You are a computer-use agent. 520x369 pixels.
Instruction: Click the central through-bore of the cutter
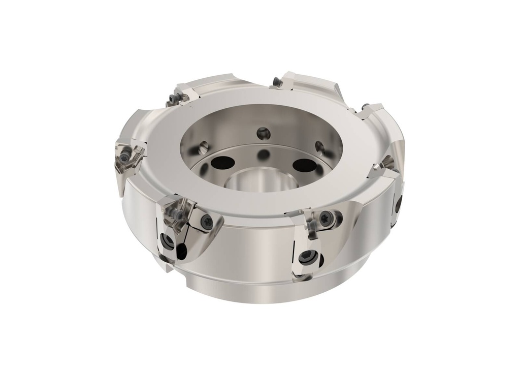259,179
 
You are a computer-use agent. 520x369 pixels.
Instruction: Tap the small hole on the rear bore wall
263,134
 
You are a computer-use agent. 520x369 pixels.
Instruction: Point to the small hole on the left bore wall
203,147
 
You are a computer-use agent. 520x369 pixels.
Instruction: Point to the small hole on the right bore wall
319,147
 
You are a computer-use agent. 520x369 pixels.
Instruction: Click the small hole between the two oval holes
263,155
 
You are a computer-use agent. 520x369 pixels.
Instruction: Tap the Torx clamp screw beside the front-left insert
207,221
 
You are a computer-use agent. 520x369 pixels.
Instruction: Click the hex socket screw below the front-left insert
167,240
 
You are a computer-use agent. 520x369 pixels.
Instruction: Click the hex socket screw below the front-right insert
306,258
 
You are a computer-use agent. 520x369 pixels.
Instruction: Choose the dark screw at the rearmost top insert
276,82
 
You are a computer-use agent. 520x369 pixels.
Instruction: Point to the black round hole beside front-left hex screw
181,250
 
